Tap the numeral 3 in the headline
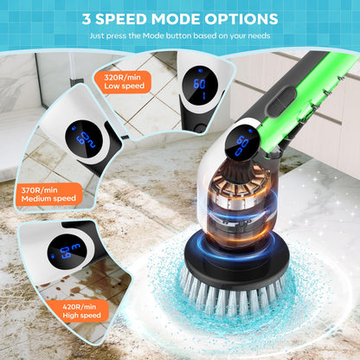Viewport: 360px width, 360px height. [87, 18]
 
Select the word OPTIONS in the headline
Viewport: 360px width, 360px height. [240, 18]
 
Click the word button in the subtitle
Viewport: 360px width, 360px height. [190, 35]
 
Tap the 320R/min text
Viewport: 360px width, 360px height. [122, 76]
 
